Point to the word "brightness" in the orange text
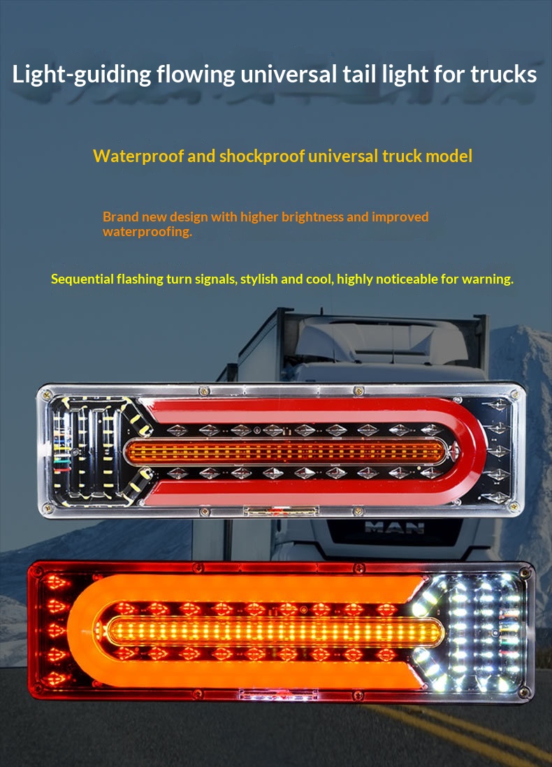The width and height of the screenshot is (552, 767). click(312, 217)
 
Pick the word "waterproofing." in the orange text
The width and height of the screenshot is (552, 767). click(147, 231)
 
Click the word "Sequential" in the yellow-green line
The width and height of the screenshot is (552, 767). click(82, 279)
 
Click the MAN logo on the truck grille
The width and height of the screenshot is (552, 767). click(394, 527)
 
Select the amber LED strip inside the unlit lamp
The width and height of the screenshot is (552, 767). click(286, 451)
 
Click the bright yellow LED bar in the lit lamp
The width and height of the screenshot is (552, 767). click(275, 630)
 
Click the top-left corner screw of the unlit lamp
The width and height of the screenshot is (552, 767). click(47, 393)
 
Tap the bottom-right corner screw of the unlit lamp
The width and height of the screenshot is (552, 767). click(514, 506)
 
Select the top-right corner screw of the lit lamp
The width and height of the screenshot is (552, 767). click(525, 572)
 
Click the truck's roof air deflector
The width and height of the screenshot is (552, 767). click(381, 340)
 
